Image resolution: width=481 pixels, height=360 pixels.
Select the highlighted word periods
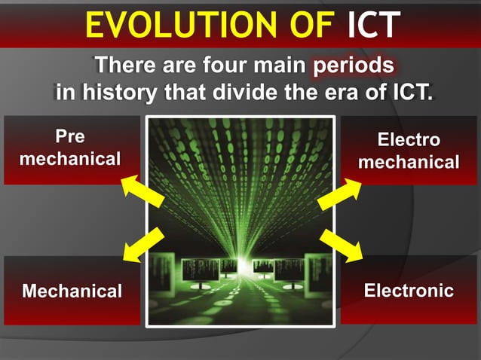pyautogui.click(x=354, y=66)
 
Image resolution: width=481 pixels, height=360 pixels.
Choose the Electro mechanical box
pyautogui.click(x=409, y=151)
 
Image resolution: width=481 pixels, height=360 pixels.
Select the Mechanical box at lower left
pyautogui.click(x=72, y=291)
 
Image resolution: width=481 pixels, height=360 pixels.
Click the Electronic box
pyautogui.click(x=409, y=290)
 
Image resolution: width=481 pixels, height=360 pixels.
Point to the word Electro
pyautogui.click(x=409, y=140)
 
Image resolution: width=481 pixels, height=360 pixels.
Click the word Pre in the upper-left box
pyautogui.click(x=70, y=137)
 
